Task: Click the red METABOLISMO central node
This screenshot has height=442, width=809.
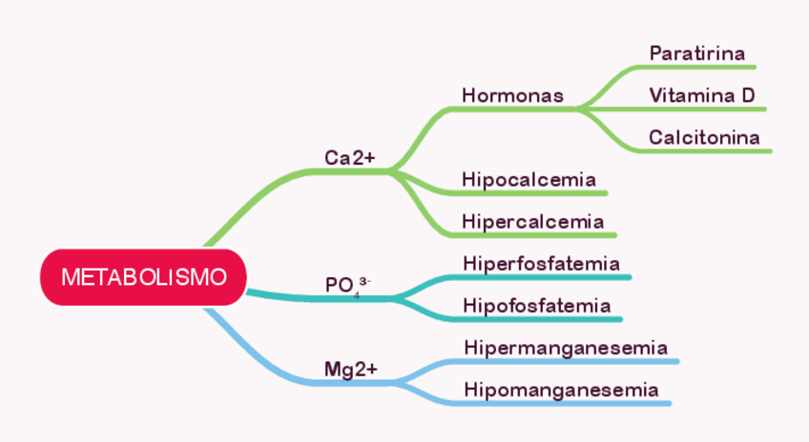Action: [x=144, y=277]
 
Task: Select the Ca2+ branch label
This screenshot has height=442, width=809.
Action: [x=350, y=157]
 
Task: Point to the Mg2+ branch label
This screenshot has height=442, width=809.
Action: [x=351, y=369]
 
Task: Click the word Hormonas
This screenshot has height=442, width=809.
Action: [x=512, y=95]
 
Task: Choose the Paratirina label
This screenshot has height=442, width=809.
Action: [x=696, y=53]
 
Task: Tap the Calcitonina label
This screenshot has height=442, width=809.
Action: [x=704, y=137]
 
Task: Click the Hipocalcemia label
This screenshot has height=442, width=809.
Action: [x=529, y=179]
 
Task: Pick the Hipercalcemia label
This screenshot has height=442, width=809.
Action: [x=532, y=221]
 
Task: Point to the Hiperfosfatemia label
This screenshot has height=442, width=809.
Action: [x=541, y=263]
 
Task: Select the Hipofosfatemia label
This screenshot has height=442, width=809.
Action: [x=536, y=305]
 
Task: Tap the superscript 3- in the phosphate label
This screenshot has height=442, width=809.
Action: [x=364, y=278]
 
